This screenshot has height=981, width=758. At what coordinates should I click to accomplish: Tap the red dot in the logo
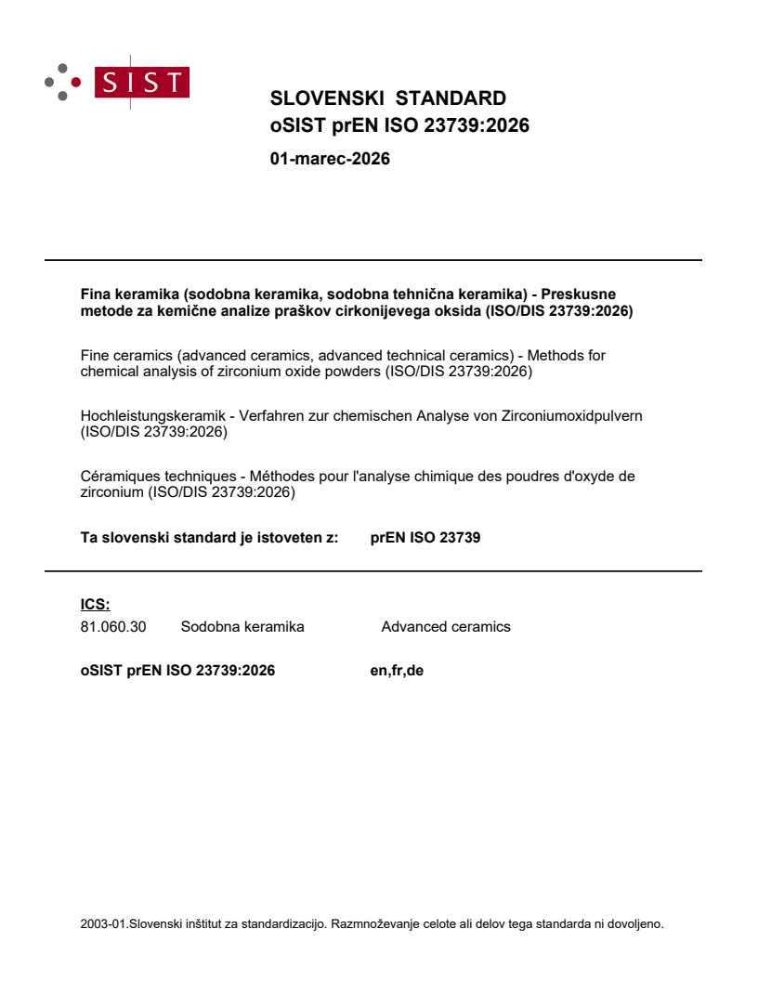coord(76,82)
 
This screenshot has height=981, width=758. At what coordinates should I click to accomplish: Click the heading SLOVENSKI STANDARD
coord(387,98)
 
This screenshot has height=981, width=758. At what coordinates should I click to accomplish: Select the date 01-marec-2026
coord(330,159)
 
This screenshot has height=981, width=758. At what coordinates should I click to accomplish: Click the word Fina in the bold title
coord(96,294)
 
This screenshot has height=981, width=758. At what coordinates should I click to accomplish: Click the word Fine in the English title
coord(97,355)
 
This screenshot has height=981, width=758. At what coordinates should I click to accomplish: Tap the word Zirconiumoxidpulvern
coord(572,415)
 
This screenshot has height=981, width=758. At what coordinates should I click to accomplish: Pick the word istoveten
coord(282,537)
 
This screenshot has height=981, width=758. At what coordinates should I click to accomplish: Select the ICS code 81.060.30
coord(113,627)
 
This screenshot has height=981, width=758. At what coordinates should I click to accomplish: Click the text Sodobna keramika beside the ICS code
coord(242,627)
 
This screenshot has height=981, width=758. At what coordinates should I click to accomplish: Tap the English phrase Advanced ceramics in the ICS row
coord(446,627)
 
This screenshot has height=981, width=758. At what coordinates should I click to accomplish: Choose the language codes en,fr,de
coord(397,670)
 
